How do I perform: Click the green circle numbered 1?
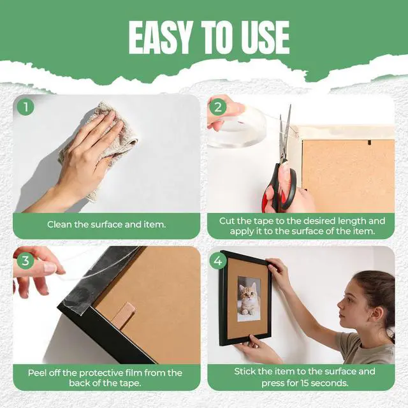pos(25,106)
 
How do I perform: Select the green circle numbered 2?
pos(218,106)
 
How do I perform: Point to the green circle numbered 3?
pos(25,260)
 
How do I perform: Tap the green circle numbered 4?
pos(218,260)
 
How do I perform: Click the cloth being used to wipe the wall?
pos(104,146)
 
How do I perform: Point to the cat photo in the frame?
pos(249,299)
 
